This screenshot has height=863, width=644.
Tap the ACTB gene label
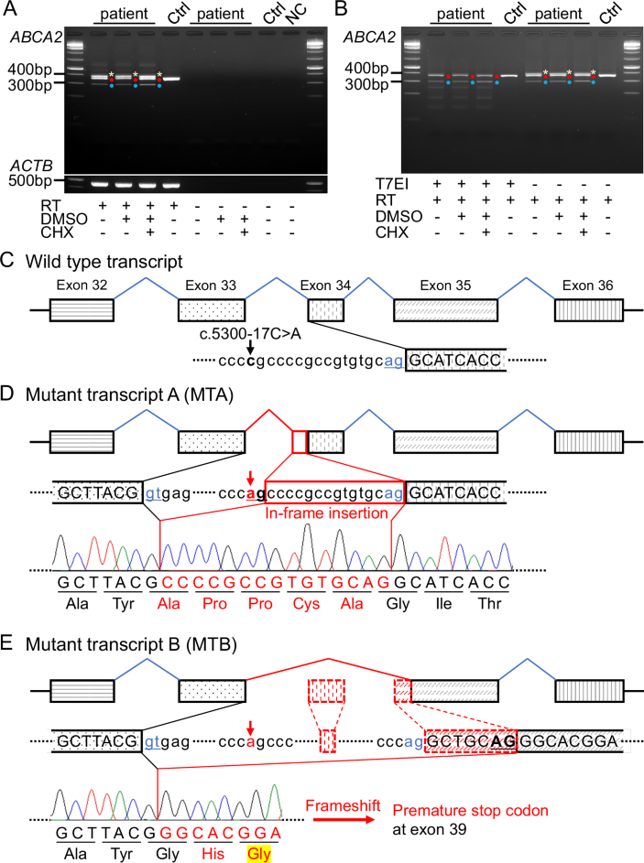(x=28, y=166)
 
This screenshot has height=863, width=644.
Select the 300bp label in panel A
(x=31, y=86)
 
